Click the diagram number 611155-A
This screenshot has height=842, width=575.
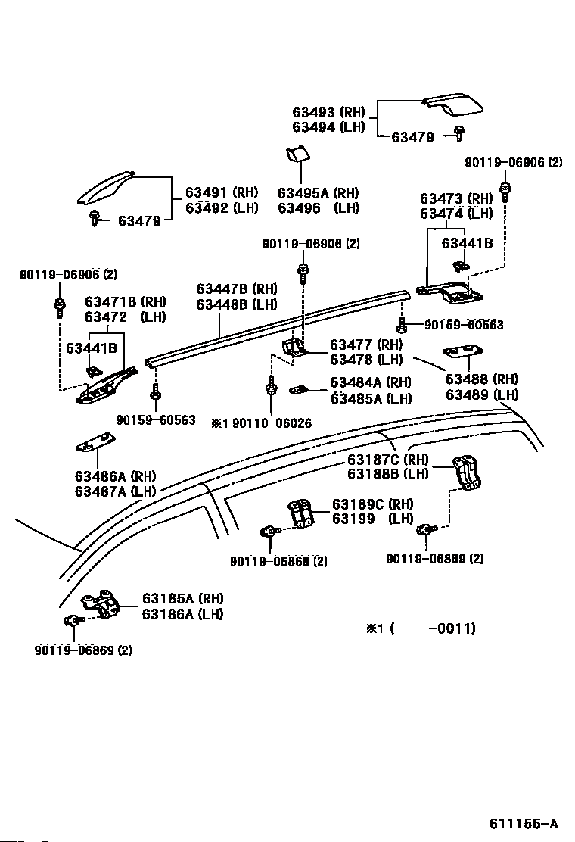523,823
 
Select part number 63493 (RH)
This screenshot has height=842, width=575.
328,112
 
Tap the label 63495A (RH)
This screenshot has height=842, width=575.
318,193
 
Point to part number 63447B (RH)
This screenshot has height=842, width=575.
237,289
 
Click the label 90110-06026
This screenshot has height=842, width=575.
272,423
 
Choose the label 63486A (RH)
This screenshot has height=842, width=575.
115,476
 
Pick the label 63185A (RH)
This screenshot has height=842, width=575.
182,598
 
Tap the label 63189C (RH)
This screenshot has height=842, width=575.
373,504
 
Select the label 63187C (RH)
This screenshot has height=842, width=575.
388,459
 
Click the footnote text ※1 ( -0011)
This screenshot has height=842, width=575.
421,628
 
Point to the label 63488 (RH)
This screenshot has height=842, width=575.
482,379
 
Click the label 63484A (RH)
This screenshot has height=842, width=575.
371,382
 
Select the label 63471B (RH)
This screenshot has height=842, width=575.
126,302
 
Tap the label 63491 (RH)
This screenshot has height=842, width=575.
222,192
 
